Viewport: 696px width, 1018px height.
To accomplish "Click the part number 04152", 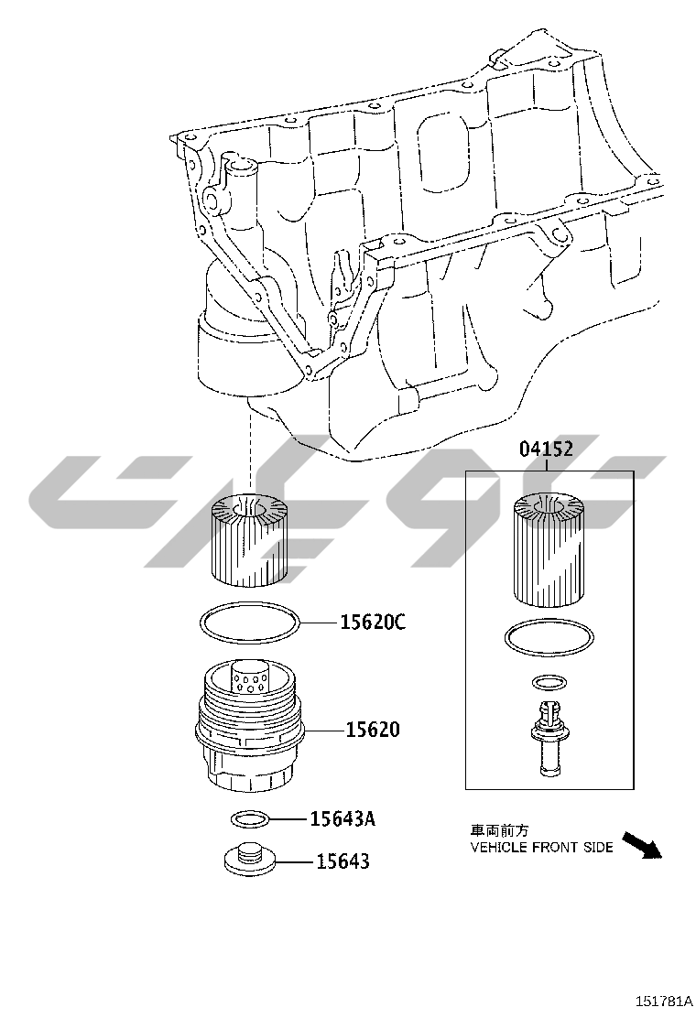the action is (546, 449).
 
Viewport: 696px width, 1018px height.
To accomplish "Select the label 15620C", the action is (373, 622).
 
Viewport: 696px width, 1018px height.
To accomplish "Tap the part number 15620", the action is (373, 730).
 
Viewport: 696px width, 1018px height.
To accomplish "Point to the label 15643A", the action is (343, 818).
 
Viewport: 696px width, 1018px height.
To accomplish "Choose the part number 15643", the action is (343, 861).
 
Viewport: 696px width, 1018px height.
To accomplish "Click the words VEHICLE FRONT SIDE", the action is (541, 847).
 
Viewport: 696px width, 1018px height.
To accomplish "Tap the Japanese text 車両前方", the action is (499, 830).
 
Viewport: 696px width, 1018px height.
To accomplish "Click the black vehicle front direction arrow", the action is (642, 845).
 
